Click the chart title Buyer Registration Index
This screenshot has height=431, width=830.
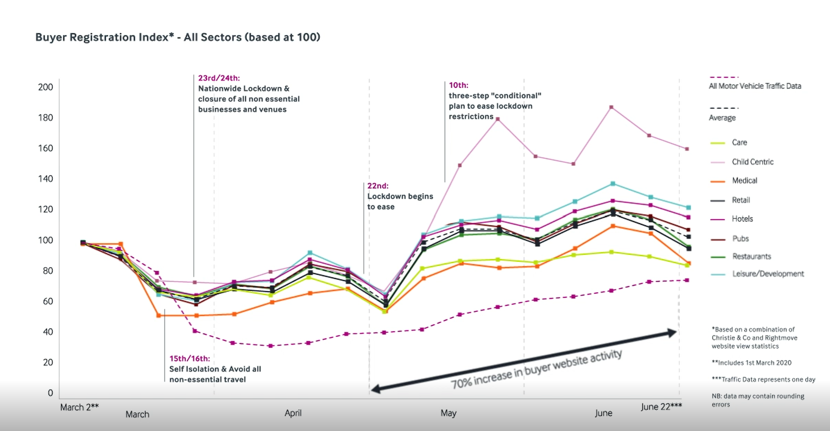point(177,37)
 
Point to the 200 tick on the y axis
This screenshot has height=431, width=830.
point(45,87)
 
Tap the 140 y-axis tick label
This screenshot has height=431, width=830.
point(45,179)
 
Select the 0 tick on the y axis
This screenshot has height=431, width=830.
point(50,392)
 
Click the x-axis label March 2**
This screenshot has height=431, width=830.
point(79,407)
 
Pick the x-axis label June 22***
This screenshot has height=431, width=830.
point(661,406)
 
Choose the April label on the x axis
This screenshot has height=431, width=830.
point(293,413)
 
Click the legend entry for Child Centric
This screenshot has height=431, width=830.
point(752,162)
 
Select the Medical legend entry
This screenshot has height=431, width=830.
point(744,181)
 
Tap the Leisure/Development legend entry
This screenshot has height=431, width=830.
point(767,274)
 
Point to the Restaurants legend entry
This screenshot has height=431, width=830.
point(751,256)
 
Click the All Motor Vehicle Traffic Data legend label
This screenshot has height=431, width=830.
point(755,86)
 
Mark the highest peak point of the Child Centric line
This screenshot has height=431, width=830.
point(611,107)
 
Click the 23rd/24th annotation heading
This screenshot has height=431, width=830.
point(219,78)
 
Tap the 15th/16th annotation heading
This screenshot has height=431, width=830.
point(190,358)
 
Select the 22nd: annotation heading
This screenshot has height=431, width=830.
point(378,186)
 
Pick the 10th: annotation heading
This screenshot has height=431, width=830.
point(458,85)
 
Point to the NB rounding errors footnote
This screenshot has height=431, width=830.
point(758,400)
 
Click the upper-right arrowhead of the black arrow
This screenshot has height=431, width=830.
point(672,333)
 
